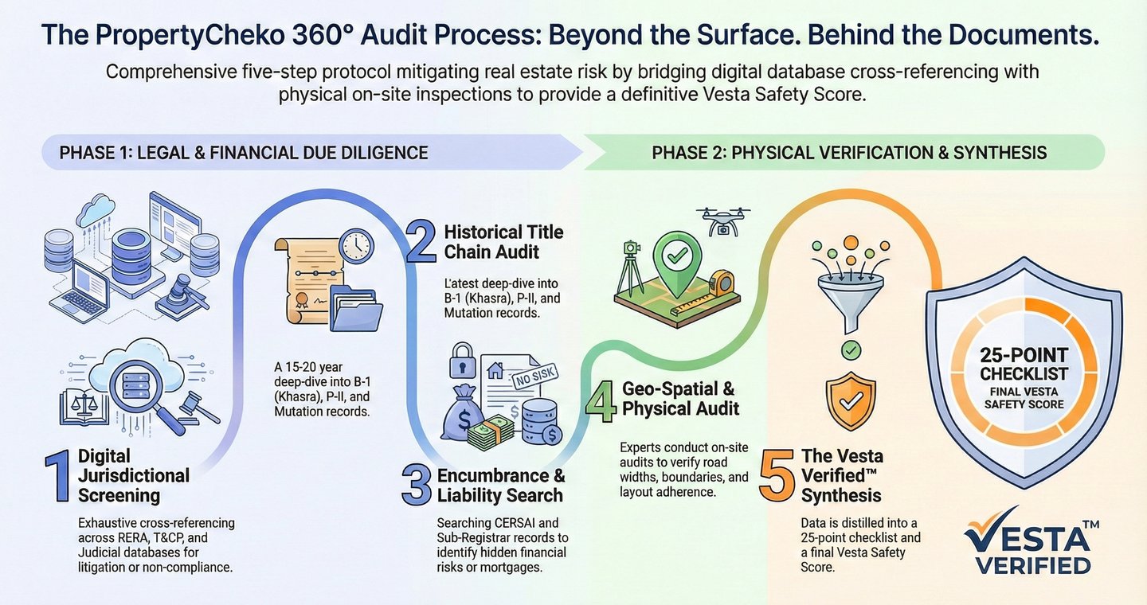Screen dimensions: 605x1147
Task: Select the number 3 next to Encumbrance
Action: (x=417, y=486)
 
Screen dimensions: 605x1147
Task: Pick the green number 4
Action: (x=601, y=400)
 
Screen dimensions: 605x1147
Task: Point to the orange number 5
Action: (x=777, y=475)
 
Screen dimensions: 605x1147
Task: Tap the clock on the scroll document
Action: (x=356, y=248)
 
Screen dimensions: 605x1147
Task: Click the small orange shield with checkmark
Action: (x=851, y=401)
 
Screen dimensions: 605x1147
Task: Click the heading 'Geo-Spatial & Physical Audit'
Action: (x=681, y=399)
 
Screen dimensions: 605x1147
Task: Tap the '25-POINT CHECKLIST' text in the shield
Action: (x=1024, y=364)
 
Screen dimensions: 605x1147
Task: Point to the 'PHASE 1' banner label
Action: (x=244, y=152)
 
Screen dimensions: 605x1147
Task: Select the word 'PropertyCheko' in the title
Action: (x=186, y=35)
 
